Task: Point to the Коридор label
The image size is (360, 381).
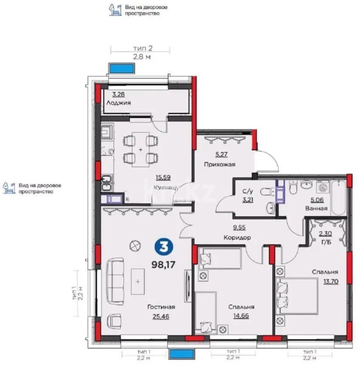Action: click(x=237, y=237)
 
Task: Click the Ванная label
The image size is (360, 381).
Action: click(x=316, y=209)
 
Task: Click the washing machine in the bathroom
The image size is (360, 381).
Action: click(x=323, y=187)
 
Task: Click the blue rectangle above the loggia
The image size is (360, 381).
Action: click(x=121, y=68)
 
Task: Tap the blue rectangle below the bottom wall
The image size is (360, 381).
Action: click(x=181, y=353)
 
